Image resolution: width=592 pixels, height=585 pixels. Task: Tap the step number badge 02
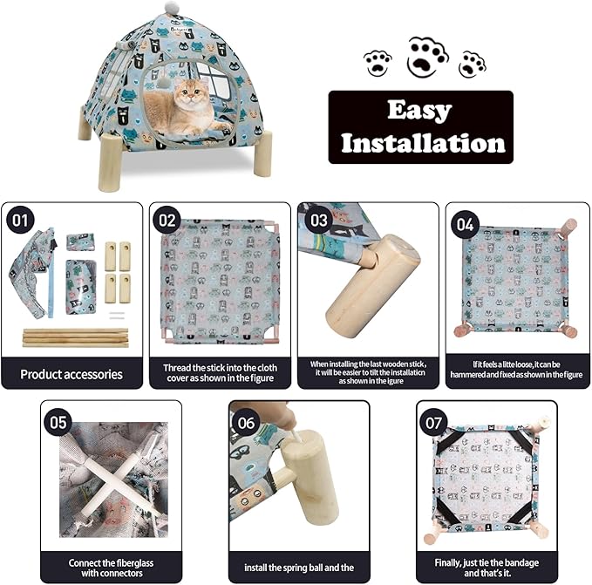167,220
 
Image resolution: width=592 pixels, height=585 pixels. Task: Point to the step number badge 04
465,224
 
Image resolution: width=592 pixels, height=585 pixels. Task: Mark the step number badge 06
247,422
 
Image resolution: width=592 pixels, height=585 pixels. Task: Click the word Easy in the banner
420,111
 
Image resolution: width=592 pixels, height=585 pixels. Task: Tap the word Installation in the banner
422,142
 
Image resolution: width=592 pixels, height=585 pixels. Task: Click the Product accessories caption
71,375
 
